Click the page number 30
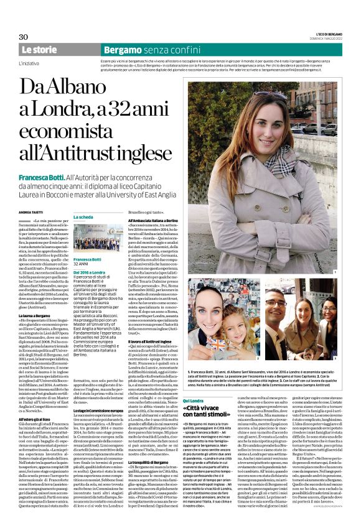(x=24, y=37)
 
